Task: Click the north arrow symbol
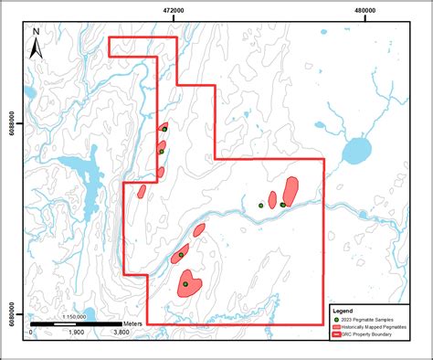(36, 43)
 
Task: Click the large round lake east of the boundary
(354, 149)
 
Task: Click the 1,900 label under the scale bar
(76, 334)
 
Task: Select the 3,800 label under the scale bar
(120, 334)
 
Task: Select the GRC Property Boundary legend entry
(375, 334)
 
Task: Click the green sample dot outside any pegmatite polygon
(261, 206)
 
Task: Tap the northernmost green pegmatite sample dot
(164, 129)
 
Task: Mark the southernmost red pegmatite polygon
(190, 283)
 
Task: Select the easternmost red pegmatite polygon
(290, 191)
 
